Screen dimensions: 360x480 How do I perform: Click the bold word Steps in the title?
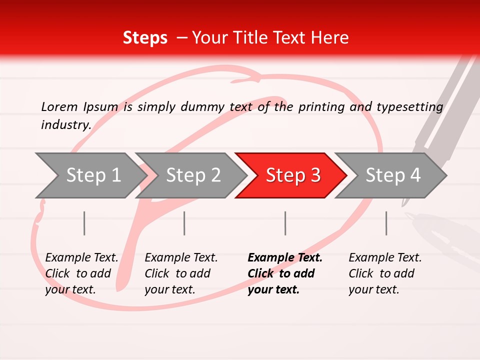tap(145, 38)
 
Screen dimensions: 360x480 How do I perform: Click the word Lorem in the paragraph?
tap(59, 106)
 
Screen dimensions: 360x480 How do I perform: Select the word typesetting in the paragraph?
tap(409, 107)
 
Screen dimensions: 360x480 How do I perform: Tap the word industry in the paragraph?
tap(66, 125)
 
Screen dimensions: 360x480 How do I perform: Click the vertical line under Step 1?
tap(84, 223)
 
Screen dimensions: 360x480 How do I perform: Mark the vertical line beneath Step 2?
tap(184, 223)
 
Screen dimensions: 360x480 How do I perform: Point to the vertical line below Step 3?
tap(285, 223)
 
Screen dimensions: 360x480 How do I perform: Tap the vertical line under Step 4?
tap(386, 223)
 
